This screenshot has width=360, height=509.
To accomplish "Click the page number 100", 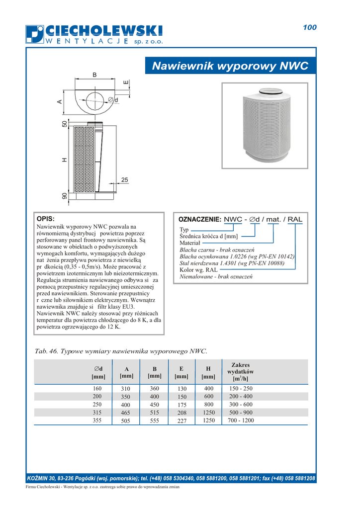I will click(x=309, y=28).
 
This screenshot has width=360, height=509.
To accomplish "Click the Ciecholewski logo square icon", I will click(x=35, y=34).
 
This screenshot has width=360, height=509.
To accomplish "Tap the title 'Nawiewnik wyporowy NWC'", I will click(x=230, y=66).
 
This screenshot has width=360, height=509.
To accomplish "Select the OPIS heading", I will click(x=46, y=219).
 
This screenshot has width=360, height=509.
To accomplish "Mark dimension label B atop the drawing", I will click(x=94, y=75).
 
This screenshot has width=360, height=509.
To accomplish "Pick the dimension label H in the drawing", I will click(x=64, y=160).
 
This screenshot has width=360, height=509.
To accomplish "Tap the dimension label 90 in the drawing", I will click(x=64, y=196).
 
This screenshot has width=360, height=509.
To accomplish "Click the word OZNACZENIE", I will click(x=199, y=219).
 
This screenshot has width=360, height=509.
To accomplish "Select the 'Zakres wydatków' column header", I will click(x=241, y=372).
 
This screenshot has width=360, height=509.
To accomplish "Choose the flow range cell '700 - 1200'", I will click(x=241, y=421).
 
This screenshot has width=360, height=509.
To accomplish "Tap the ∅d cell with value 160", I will click(x=97, y=388).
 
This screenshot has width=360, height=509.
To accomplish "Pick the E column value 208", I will click(x=181, y=413).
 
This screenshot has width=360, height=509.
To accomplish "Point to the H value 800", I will click(x=208, y=405).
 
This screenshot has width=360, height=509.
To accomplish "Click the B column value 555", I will click(x=154, y=421).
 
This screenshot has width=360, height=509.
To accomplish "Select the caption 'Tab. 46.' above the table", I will click(x=46, y=351).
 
